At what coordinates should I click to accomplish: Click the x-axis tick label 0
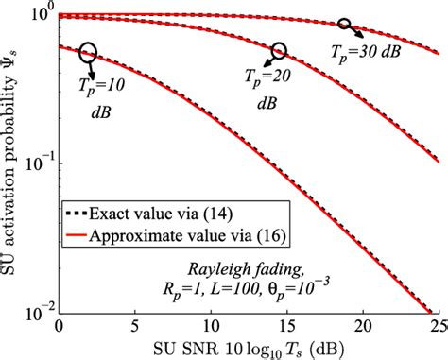pyautogui.click(x=59, y=326)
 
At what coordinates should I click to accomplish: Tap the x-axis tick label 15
pyautogui.click(x=287, y=326)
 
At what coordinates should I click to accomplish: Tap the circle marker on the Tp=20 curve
pyautogui.click(x=278, y=50)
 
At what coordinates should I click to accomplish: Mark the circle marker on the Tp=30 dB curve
pyautogui.click(x=344, y=24)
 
